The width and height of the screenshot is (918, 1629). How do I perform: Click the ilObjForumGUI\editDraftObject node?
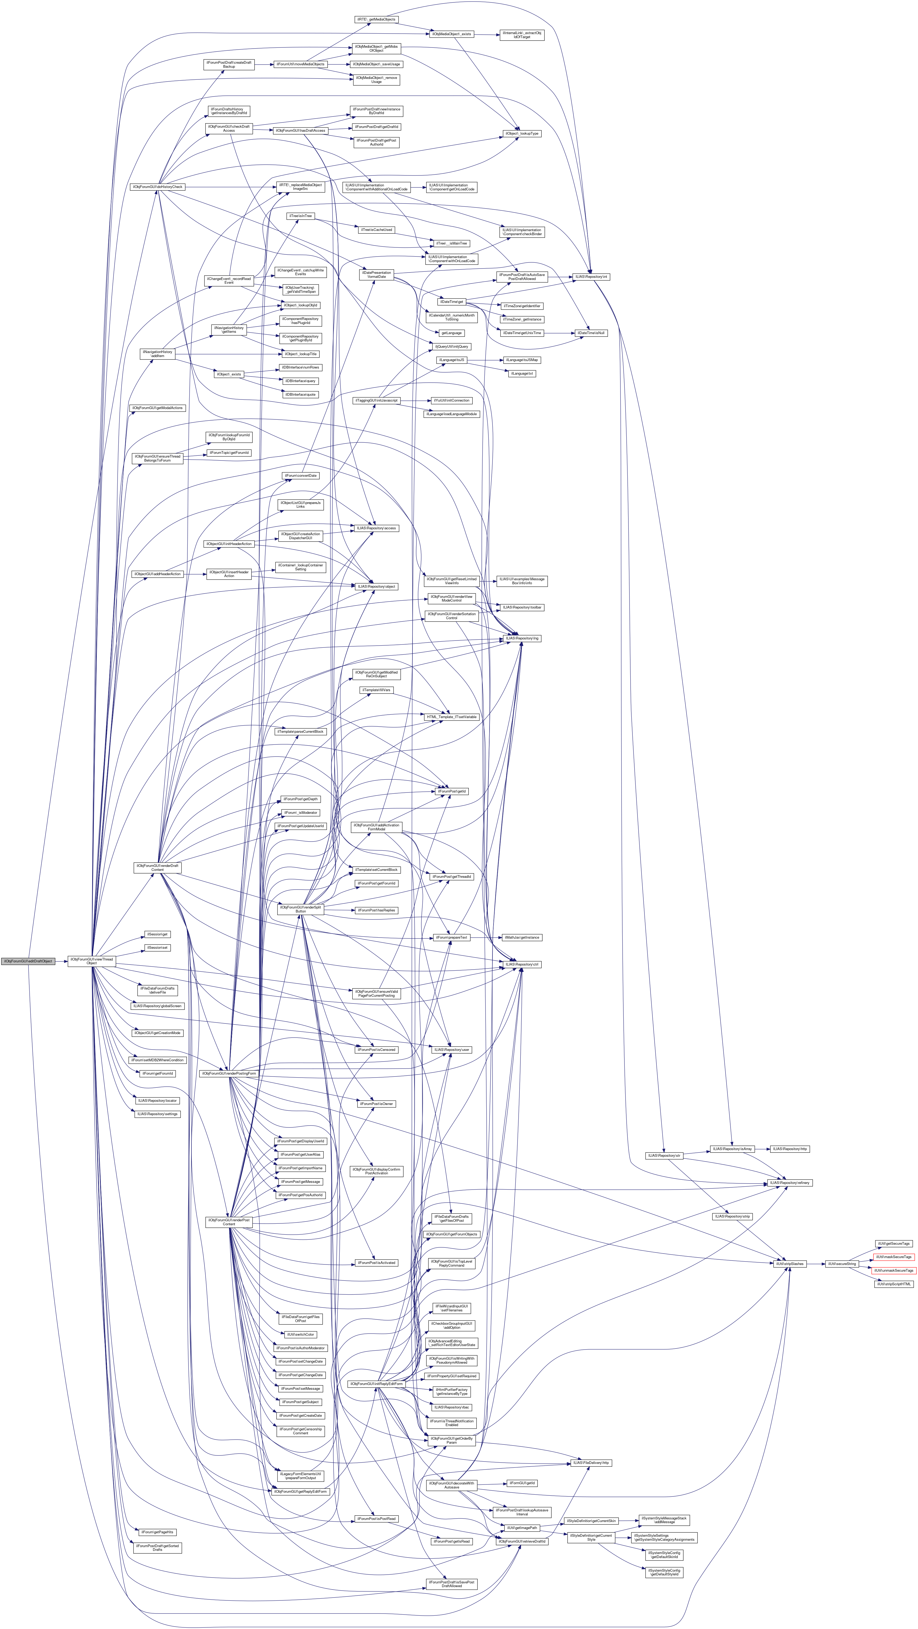click(x=27, y=961)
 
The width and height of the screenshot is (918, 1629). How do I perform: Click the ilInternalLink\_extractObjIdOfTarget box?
click(x=522, y=35)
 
